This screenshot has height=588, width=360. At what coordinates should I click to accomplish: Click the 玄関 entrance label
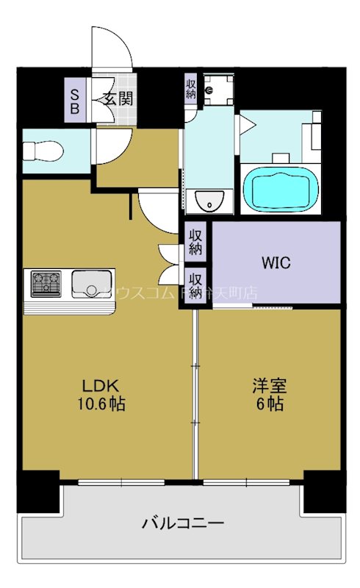[116, 98]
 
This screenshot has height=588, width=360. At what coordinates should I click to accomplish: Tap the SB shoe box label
[75, 98]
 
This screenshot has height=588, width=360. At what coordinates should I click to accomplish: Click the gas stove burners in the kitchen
[45, 282]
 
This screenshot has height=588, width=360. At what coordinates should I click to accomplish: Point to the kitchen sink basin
[89, 282]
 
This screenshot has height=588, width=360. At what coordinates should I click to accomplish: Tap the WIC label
[276, 262]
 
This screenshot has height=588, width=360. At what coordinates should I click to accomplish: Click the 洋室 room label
[269, 386]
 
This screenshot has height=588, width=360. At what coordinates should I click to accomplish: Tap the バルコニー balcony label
[183, 524]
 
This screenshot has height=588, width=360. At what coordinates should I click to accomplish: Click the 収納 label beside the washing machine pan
[190, 89]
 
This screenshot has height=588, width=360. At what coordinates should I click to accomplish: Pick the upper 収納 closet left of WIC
[195, 242]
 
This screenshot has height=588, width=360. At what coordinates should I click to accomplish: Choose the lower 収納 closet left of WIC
[195, 285]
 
